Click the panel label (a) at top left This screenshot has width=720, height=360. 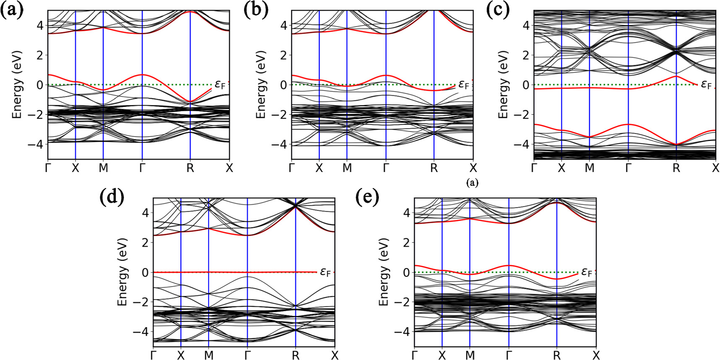[x=11, y=10]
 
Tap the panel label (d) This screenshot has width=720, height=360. [x=112, y=197]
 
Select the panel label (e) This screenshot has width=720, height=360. [x=367, y=197]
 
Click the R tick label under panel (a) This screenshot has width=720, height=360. [x=190, y=168]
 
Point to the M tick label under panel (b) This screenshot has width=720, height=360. [x=347, y=168]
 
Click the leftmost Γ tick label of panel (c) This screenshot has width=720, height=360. [x=534, y=168]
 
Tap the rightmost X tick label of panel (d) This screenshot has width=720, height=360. [x=334, y=355]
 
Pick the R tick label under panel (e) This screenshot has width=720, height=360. [x=556, y=355]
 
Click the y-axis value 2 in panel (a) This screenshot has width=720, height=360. [x=40, y=55]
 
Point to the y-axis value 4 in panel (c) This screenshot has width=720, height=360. [x=526, y=26]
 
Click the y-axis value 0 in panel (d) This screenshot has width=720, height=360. [x=145, y=272]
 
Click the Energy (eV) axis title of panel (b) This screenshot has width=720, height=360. [x=261, y=85]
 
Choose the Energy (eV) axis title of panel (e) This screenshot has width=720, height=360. [x=384, y=272]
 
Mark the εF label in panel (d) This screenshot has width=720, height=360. [x=325, y=272]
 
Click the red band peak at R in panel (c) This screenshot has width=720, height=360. [x=676, y=76]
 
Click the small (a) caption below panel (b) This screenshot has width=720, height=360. [x=472, y=183]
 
